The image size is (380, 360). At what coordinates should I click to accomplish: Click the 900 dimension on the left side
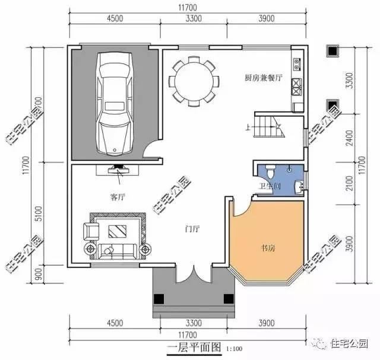pos(40,273)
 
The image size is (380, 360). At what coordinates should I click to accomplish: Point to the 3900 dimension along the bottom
pos(265,323)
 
